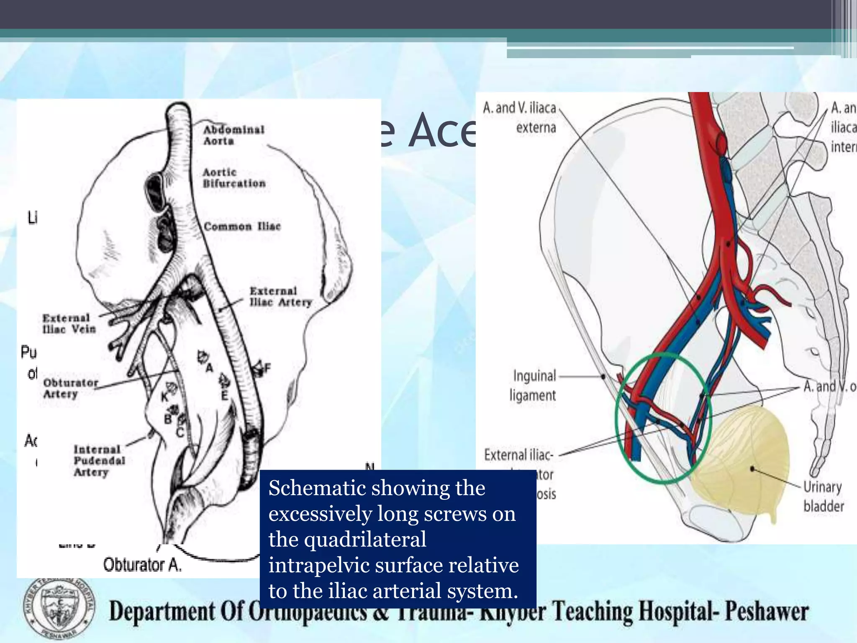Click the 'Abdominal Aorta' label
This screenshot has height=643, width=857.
click(x=233, y=135)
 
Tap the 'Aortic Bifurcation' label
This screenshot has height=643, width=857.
click(x=234, y=178)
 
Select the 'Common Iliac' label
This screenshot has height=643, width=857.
click(x=242, y=226)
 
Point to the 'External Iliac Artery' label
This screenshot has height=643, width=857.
click(x=280, y=296)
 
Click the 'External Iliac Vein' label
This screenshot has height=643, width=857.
click(x=69, y=324)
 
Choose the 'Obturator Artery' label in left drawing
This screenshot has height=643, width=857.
click(x=70, y=388)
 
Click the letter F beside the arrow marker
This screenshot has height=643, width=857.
click(x=267, y=368)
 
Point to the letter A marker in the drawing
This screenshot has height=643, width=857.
click(x=209, y=368)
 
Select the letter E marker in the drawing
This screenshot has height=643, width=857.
click(x=225, y=395)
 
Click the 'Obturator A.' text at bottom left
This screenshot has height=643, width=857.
click(x=142, y=565)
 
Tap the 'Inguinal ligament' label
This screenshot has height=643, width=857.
click(x=533, y=385)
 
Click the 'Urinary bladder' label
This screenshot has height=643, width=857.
click(x=823, y=496)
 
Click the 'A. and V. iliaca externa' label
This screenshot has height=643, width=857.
click(x=520, y=117)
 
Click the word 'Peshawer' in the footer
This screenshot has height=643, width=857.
click(x=767, y=612)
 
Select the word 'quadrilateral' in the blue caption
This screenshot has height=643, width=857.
click(x=347, y=539)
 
